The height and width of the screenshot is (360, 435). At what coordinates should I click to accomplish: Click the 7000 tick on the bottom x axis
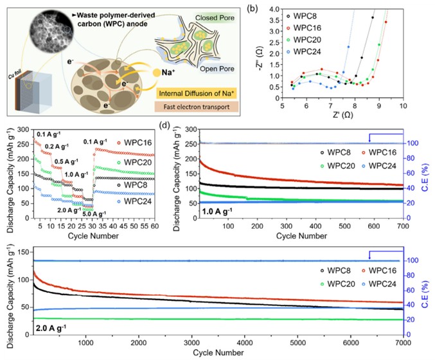402,344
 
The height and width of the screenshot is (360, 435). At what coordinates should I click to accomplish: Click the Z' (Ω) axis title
341,117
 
